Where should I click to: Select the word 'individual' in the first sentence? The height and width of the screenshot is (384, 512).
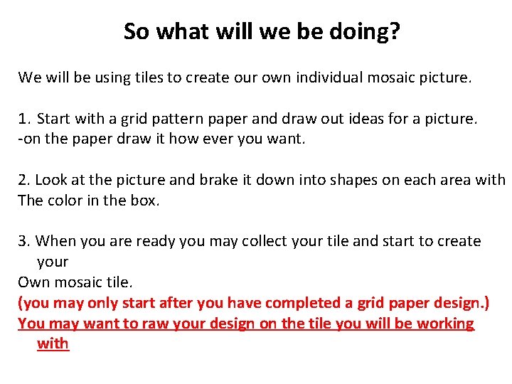328,77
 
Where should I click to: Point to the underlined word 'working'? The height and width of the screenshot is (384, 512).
444,324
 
